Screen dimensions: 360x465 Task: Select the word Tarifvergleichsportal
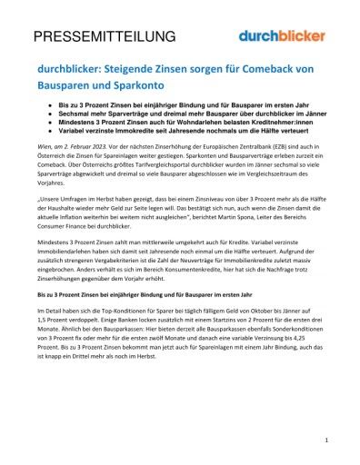155,180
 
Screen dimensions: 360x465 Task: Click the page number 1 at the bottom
325,440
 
